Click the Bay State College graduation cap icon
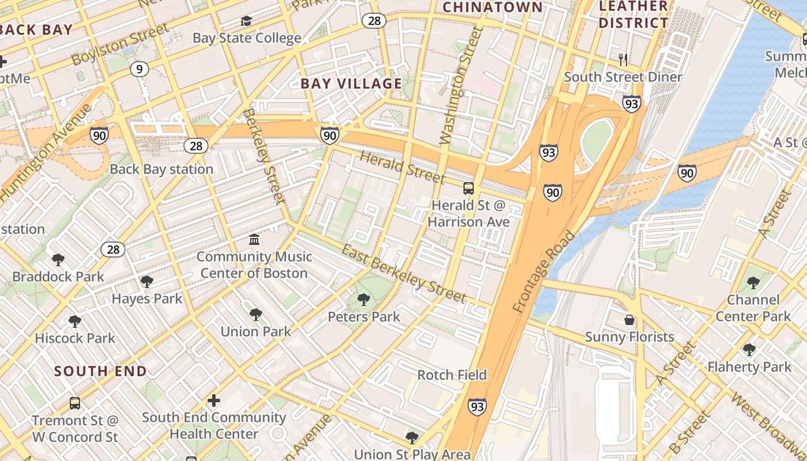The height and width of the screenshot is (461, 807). point(247,21)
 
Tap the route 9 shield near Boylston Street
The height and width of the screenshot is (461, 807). point(139,70)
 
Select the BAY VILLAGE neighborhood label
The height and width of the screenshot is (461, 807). point(351,84)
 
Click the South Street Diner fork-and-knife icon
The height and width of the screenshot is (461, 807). point(623,59)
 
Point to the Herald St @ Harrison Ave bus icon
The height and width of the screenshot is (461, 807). point(469,188)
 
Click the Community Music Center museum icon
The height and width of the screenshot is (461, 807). point(254,239)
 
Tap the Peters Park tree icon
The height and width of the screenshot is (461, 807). point(363,299)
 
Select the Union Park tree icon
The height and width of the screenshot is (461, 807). point(256,315)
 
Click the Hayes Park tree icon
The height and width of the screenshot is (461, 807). point(146,282)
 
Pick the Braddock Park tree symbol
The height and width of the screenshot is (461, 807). point(58,260)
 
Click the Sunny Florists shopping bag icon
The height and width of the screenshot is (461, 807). point(629,319)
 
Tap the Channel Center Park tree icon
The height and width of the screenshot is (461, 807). point(753,282)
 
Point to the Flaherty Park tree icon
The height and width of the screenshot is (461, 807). point(749,350)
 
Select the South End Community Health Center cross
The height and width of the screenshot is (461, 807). point(214,400)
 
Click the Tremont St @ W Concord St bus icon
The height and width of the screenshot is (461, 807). point(75,403)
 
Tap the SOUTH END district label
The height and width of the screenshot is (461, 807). point(101,371)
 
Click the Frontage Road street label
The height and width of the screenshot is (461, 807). point(544,272)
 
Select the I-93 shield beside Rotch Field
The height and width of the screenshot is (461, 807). point(477,406)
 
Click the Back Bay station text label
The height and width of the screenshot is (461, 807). point(161,169)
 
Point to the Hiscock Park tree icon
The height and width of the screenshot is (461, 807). point(75,321)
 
